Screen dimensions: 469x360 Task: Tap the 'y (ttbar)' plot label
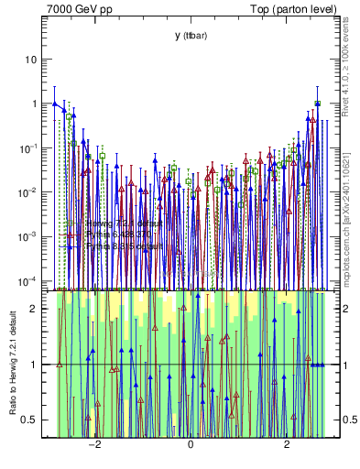pos(191,36)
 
